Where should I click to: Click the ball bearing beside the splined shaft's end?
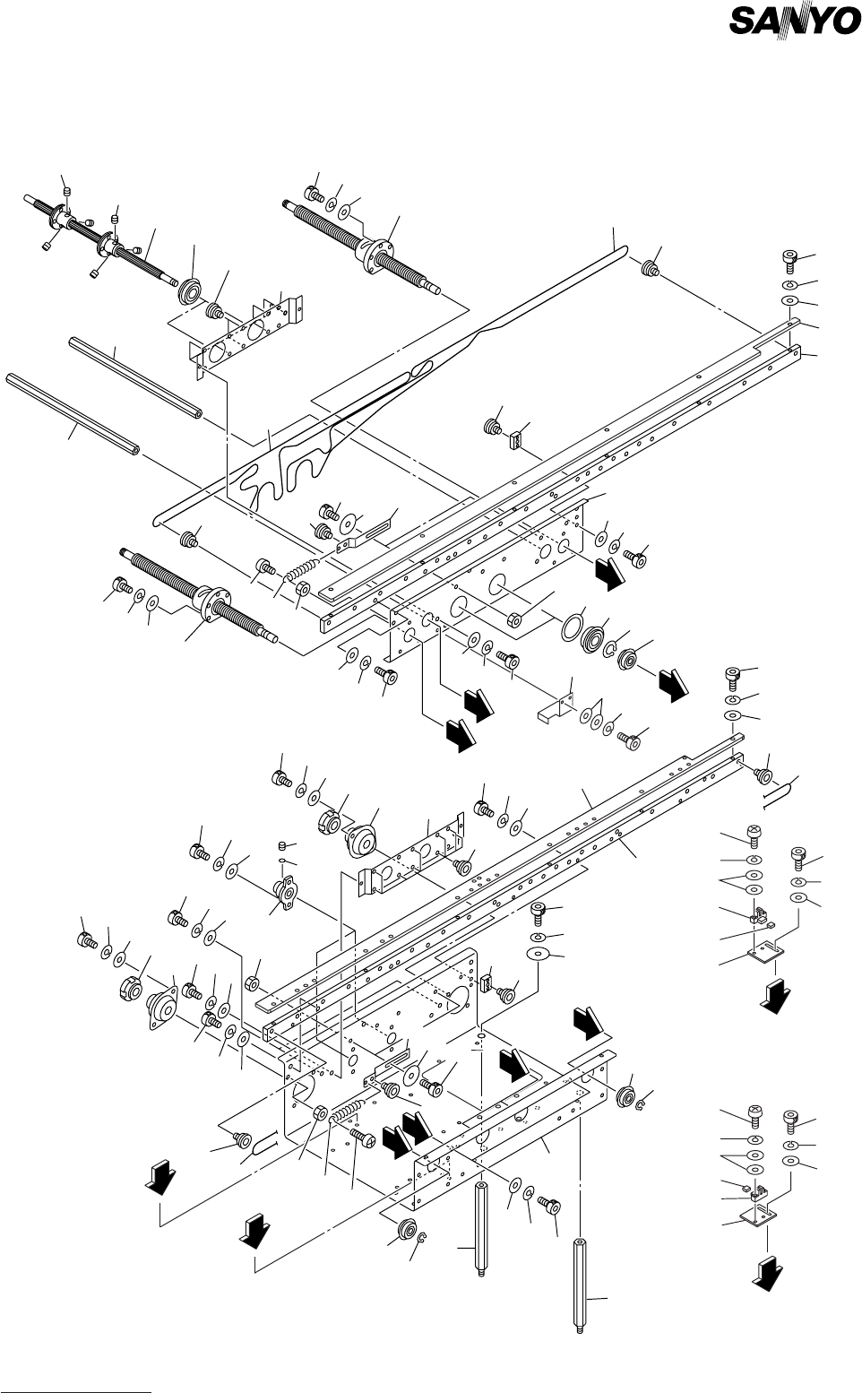[x=189, y=291]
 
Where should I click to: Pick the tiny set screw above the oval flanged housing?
[x=283, y=846]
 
